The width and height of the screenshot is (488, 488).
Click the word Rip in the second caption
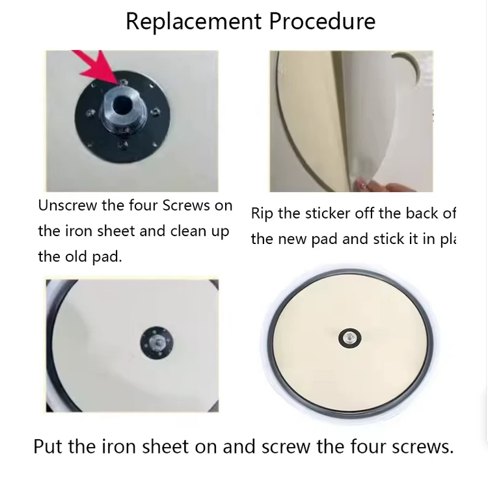262,213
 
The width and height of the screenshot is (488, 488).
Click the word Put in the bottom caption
49,447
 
